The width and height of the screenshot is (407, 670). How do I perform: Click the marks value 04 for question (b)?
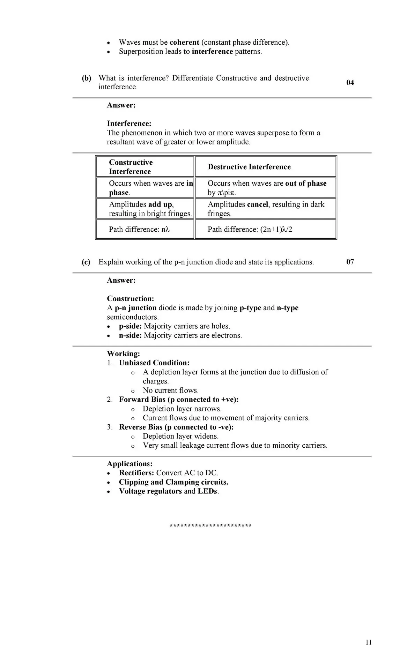(x=350, y=83)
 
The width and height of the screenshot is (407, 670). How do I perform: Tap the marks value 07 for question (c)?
(x=350, y=262)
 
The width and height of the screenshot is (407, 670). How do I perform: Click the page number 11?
(x=369, y=642)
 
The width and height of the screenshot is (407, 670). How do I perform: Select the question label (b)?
(x=87, y=78)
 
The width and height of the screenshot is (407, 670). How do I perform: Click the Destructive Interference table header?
(x=249, y=167)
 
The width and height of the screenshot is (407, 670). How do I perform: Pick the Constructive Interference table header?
(x=131, y=167)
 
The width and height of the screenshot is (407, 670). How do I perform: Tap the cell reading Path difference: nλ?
(x=139, y=229)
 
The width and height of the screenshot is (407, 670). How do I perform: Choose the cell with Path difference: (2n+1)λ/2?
(x=250, y=229)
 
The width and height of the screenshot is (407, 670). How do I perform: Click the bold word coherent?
(x=184, y=43)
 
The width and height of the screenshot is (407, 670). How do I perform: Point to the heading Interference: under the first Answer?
(x=129, y=124)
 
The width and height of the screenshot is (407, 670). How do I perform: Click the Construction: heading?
(x=131, y=299)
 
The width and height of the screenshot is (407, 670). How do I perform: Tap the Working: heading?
(x=123, y=354)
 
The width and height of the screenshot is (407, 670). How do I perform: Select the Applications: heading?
(x=129, y=464)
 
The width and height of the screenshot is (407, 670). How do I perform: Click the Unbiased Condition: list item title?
(x=154, y=363)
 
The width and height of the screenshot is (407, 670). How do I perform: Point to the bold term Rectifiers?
(x=136, y=473)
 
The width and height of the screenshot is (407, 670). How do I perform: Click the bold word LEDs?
(x=207, y=491)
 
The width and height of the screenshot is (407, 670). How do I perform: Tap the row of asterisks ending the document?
(x=210, y=526)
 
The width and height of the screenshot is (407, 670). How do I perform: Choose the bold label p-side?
(x=130, y=326)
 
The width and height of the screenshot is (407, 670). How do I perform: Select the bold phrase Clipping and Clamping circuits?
(x=173, y=482)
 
